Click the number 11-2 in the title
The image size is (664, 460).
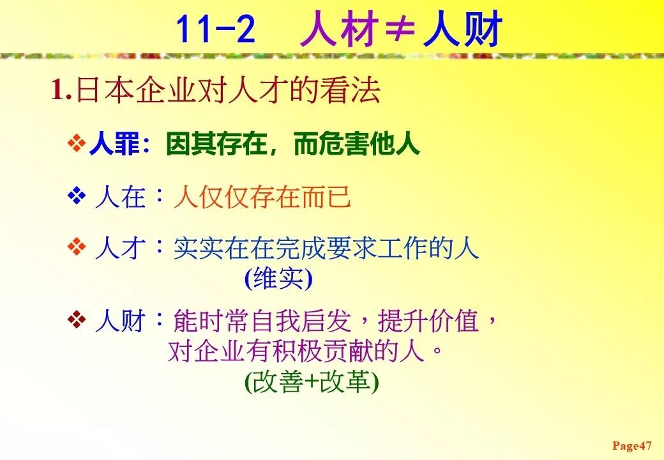[216, 29]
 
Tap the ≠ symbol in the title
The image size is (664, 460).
[400, 29]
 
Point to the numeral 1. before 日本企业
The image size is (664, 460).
[61, 90]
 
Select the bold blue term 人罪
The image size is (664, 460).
[114, 144]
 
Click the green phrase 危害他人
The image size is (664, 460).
[369, 144]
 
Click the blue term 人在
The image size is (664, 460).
[120, 197]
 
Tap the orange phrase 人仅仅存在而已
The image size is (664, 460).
[262, 197]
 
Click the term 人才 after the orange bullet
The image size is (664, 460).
[120, 249]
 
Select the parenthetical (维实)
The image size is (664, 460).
[278, 279]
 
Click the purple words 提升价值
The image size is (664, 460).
[428, 321]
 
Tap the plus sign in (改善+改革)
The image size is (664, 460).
[312, 382]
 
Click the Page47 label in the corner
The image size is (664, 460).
[632, 445]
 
